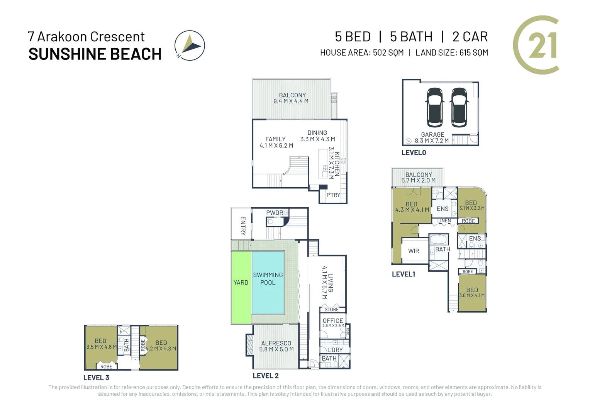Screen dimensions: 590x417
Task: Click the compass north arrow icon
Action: pyautogui.click(x=190, y=46)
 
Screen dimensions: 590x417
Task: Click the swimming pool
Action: pyautogui.click(x=268, y=282)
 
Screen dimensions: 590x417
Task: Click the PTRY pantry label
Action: pyautogui.click(x=333, y=195)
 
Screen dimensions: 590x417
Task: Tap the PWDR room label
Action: pyautogui.click(x=275, y=213)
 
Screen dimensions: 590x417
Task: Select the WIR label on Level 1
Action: pyautogui.click(x=414, y=251)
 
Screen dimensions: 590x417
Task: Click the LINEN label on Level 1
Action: pyautogui.click(x=444, y=221)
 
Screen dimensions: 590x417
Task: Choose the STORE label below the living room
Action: pyautogui.click(x=332, y=310)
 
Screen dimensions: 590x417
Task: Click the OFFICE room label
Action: pyautogui.click(x=333, y=321)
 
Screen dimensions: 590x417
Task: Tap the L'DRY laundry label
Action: pyautogui.click(x=335, y=350)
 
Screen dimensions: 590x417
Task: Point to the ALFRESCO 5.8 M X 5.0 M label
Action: pyautogui.click(x=276, y=346)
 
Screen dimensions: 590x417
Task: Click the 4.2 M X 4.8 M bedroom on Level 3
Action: pyautogui.click(x=161, y=346)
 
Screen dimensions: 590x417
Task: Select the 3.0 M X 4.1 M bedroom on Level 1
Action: pyautogui.click(x=472, y=293)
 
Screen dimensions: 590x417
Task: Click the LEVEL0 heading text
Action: pyautogui.click(x=414, y=153)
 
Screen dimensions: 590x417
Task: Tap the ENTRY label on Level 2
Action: pyautogui.click(x=243, y=226)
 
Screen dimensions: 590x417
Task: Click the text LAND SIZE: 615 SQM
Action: pyautogui.click(x=451, y=53)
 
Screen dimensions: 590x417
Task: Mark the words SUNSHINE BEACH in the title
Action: pyautogui.click(x=95, y=54)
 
